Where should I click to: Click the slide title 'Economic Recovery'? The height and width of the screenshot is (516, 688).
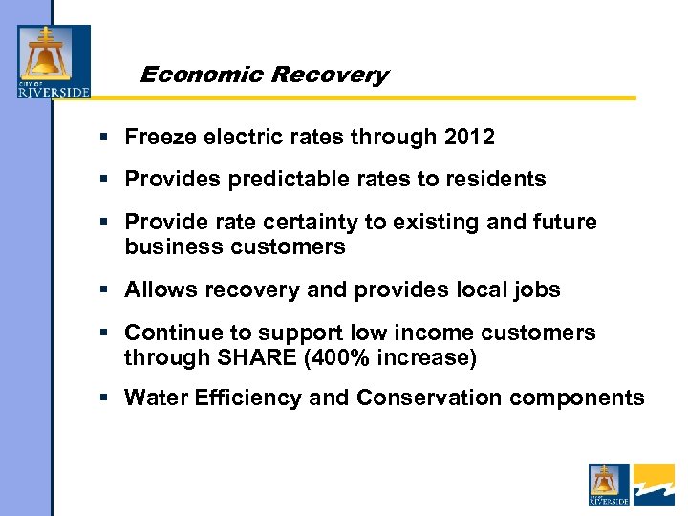coord(264,75)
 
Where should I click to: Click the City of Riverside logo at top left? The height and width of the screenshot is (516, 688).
coord(54,62)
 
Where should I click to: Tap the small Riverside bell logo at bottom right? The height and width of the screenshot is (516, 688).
coord(609,484)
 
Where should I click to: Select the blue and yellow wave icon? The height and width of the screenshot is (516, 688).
coord(654,484)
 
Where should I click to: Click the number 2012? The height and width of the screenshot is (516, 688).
coord(469,137)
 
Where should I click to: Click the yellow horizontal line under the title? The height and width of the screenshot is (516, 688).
coord(382,97)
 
